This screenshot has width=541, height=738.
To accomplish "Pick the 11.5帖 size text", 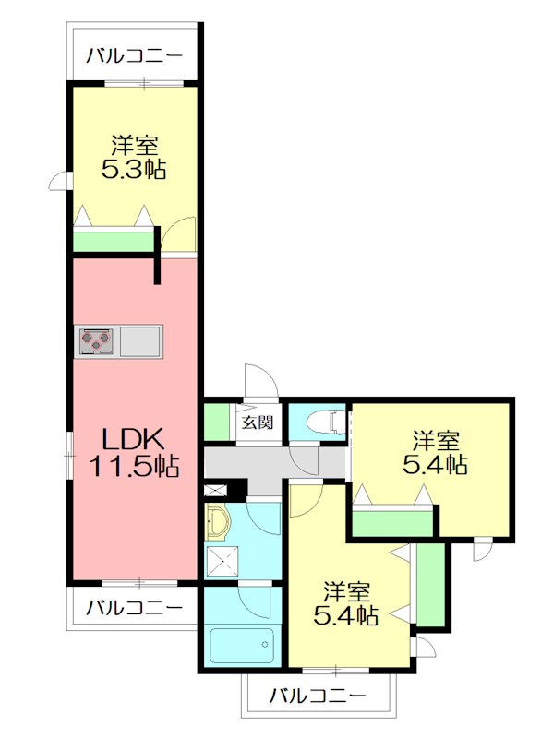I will pyautogui.click(x=133, y=466).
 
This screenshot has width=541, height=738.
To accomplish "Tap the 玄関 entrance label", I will pyautogui.click(x=258, y=423).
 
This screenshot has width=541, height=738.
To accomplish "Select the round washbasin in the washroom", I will pyautogui.click(x=218, y=523).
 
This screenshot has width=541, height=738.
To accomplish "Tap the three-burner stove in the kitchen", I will pyautogui.click(x=96, y=340).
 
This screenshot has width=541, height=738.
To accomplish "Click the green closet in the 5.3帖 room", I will pyautogui.click(x=113, y=242).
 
